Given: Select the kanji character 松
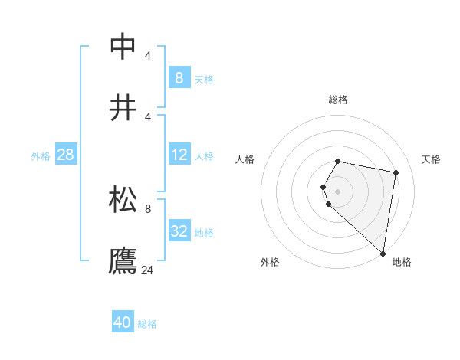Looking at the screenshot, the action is (x=123, y=198).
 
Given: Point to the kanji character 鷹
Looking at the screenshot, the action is (x=123, y=260).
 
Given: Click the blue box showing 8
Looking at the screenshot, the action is (x=179, y=78).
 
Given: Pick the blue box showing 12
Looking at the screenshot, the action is (x=179, y=155).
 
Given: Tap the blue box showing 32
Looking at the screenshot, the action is (x=179, y=231).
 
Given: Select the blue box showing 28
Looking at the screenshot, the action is (x=65, y=155).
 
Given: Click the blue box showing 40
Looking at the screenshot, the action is (x=122, y=322).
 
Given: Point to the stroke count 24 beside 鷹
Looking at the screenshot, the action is (x=148, y=270).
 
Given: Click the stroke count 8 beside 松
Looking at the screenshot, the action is (x=148, y=208).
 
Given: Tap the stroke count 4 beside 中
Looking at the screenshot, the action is (x=148, y=55).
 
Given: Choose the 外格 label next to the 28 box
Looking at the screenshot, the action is (x=41, y=155).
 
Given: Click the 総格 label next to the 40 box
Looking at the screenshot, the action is (x=147, y=323).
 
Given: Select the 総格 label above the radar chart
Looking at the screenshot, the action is (x=338, y=100).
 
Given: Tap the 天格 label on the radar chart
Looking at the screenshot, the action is (x=432, y=159).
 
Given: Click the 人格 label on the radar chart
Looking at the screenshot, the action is (x=245, y=159).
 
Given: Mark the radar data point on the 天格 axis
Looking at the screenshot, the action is (x=396, y=173).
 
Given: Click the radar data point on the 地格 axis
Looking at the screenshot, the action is (x=383, y=254).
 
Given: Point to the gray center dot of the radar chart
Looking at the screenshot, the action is (x=338, y=191).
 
